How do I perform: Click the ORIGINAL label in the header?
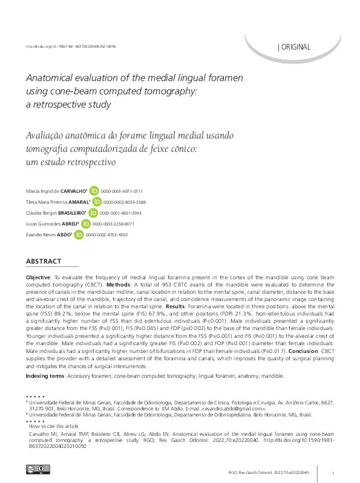point(295,47)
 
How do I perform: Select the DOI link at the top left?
point(71,46)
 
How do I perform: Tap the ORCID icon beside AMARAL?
point(97,202)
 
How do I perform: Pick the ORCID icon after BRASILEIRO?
point(93,213)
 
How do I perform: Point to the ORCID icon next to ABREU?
point(86,224)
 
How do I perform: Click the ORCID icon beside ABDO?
point(79,235)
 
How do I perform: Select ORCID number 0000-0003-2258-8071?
point(109,224)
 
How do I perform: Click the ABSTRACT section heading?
point(44,261)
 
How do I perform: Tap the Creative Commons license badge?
point(33,469)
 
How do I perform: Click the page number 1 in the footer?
point(333,472)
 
